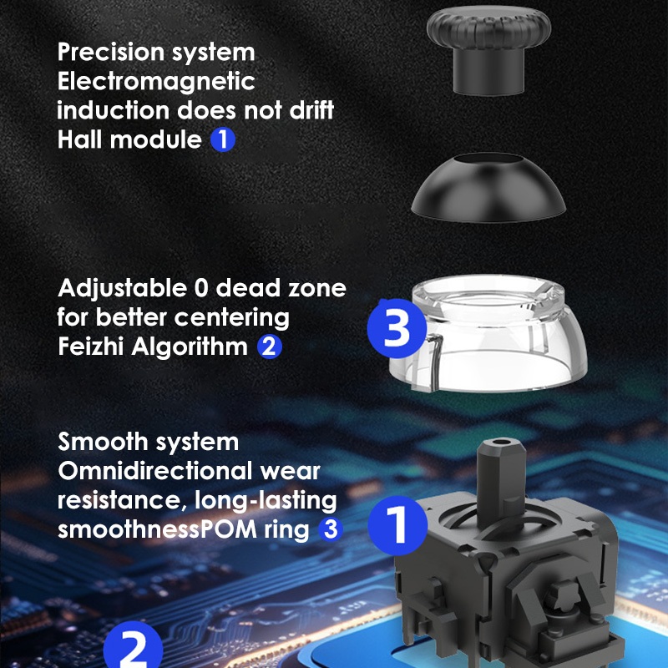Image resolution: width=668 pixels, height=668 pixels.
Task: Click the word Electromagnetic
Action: point(156,82)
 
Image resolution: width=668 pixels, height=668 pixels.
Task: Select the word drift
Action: point(311,109)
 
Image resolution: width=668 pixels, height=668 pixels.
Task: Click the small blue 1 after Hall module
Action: point(223,139)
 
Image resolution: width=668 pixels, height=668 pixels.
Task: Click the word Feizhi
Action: point(90,346)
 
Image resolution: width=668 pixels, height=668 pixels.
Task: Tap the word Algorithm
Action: point(190,347)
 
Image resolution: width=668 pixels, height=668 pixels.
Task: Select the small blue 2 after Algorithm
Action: point(269,347)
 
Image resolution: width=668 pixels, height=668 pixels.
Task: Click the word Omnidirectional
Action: point(155,471)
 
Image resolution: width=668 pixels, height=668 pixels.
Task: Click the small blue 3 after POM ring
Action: point(331,529)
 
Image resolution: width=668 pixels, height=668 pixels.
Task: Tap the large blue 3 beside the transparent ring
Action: point(397,328)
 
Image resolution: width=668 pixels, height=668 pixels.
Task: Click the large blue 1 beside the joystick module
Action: point(397,525)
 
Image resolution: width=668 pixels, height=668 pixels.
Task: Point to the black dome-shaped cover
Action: point(488,188)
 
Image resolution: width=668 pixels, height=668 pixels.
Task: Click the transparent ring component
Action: point(488,333)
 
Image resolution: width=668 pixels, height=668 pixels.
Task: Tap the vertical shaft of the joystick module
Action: point(500,482)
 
